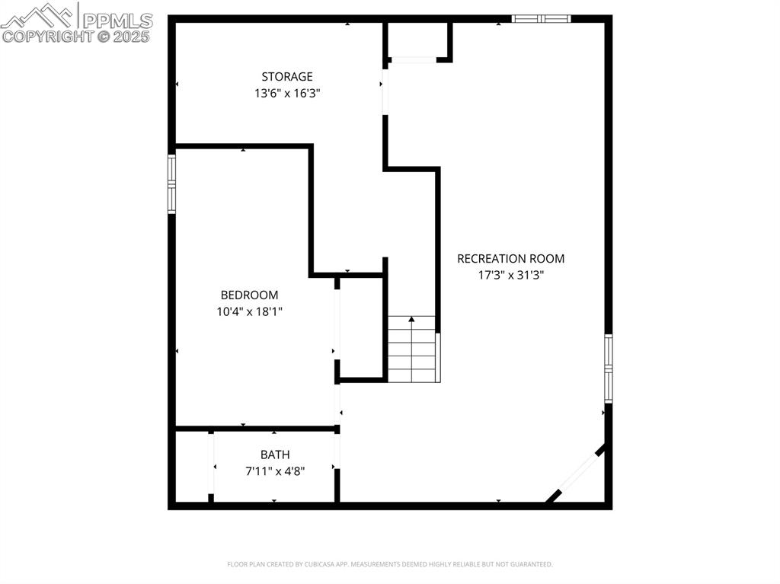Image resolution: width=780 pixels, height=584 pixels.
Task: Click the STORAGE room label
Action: click(287, 76)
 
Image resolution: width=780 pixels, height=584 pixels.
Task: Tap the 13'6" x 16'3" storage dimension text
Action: click(287, 94)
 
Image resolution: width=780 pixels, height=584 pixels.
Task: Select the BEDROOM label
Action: click(249, 295)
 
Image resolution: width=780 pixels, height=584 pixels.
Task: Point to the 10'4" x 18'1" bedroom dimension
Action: click(249, 311)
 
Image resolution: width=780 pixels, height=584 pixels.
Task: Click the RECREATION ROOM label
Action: click(510, 259)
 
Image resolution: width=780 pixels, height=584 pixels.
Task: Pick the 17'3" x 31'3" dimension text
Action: click(510, 276)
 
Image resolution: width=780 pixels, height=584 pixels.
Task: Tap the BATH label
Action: click(275, 455)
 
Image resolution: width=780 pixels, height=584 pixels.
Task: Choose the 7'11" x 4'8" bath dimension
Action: click(275, 471)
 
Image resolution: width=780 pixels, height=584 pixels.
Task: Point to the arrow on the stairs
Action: click(412, 320)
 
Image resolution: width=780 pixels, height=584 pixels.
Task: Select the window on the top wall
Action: click(541, 18)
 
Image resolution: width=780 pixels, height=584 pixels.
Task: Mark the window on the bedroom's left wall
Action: click(172, 183)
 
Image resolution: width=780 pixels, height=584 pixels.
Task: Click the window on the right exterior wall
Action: click(608, 368)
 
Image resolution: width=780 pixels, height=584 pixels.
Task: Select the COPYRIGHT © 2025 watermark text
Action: click(76, 36)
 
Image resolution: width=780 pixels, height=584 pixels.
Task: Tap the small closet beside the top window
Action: click(417, 40)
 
